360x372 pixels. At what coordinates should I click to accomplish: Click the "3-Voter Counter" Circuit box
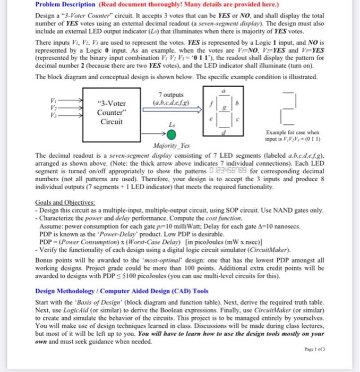point(112,112)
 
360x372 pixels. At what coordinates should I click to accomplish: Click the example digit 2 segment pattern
point(289,112)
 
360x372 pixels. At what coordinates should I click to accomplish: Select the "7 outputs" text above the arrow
point(167,94)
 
